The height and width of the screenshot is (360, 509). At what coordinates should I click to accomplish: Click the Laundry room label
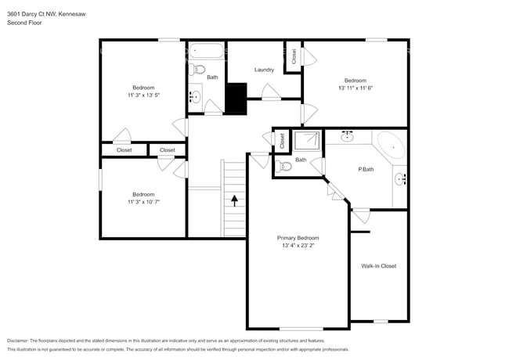(x=264, y=70)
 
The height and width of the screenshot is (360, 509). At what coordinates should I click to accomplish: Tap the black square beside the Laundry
(x=236, y=98)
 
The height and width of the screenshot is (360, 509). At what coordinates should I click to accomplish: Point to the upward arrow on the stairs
(x=234, y=201)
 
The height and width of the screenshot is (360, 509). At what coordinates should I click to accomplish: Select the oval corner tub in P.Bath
(x=392, y=146)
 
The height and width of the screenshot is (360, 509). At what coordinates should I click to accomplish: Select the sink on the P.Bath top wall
(x=346, y=136)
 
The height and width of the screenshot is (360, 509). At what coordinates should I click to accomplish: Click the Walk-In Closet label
(x=378, y=266)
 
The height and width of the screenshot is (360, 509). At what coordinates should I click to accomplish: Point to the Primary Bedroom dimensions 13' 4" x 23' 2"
(x=298, y=245)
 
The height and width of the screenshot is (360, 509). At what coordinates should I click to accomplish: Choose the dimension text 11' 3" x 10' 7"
(x=143, y=201)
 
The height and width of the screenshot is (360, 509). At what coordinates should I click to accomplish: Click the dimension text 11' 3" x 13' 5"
(x=143, y=95)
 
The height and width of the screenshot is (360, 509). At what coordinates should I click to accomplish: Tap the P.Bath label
(x=364, y=169)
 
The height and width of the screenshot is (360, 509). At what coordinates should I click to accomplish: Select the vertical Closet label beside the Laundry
(x=294, y=56)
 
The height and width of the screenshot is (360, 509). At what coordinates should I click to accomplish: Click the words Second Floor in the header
(x=24, y=23)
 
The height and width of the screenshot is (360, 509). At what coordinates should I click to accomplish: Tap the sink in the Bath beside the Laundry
(x=197, y=98)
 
